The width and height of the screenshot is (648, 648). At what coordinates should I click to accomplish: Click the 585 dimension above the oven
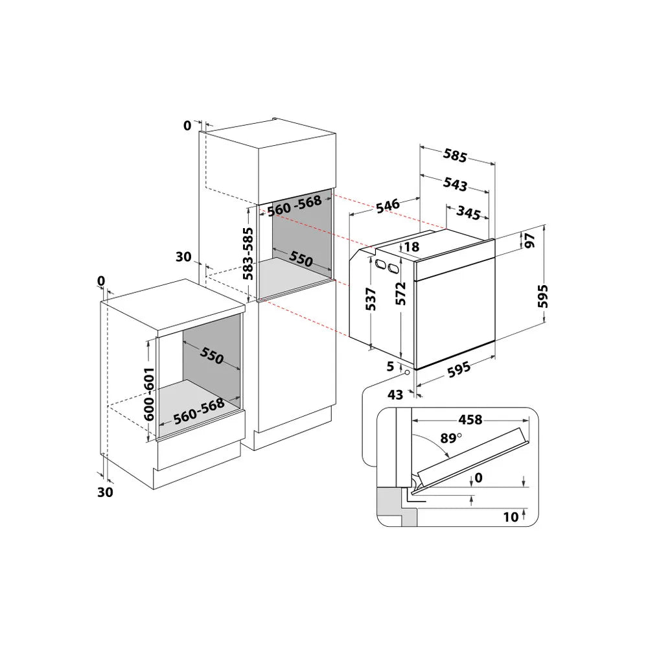tap(455, 156)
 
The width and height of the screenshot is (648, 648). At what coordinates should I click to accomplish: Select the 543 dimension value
tap(455, 184)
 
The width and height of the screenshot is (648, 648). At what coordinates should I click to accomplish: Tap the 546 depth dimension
tap(386, 205)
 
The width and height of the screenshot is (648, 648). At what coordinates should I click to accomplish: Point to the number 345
tap(467, 211)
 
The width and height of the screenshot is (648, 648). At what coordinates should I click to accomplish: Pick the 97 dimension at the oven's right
tap(529, 240)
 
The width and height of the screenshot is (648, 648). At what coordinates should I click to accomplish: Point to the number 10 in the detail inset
tap(511, 516)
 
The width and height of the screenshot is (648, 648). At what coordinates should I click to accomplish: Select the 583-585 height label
tap(248, 253)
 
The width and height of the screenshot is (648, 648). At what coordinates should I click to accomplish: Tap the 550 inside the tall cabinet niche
tap(301, 259)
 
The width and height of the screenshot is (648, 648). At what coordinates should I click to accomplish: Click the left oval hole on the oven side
tap(378, 262)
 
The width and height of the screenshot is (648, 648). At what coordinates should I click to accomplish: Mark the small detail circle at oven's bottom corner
tap(406, 372)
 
